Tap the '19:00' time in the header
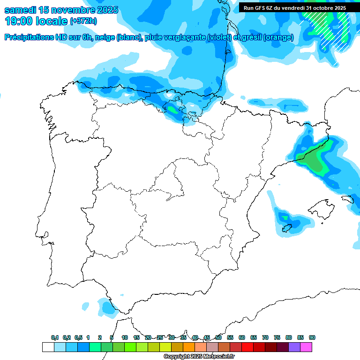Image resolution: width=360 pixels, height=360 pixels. pos(19,21)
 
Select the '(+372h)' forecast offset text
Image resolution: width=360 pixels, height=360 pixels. pos(83,22)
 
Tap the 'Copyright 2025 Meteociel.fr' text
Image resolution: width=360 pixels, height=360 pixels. pos(199,357)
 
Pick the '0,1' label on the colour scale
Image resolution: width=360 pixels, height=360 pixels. pos(55,337)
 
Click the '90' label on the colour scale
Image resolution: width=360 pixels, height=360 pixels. pos(312,337)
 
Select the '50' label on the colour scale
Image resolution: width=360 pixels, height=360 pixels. pos(218,337)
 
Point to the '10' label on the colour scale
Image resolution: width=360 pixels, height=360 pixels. pos(125,337)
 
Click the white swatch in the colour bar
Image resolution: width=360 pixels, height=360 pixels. pos(48,347)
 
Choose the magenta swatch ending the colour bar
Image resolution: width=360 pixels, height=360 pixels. pos(306,347)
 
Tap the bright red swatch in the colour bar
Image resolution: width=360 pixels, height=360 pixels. pos(247,347)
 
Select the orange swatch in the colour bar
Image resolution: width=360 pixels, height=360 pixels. pos(189,347)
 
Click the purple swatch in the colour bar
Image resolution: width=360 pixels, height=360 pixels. pos(294,347)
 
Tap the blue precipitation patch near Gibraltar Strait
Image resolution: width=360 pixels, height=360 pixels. pos(107,307)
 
